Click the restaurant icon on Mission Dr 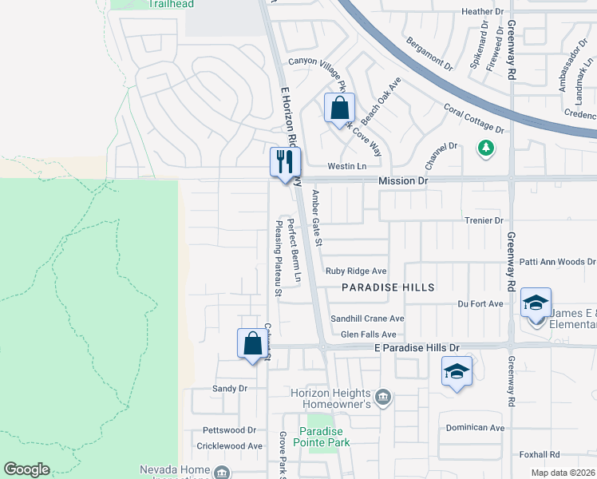tap(283, 162)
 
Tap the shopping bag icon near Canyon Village tap(339, 107)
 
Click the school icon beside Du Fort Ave tap(536, 303)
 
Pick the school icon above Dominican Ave tap(457, 371)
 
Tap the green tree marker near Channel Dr tap(485, 148)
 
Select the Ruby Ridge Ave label tap(356, 271)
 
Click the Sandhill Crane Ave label tap(367, 319)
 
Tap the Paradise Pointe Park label tap(325, 435)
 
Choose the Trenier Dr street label tap(484, 220)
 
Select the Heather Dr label tap(483, 12)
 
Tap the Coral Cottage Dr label tap(474, 118)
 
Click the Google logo tap(26, 469)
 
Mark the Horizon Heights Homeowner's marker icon tap(383, 398)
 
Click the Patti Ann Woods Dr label tap(558, 262)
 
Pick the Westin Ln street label tap(346, 167)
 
